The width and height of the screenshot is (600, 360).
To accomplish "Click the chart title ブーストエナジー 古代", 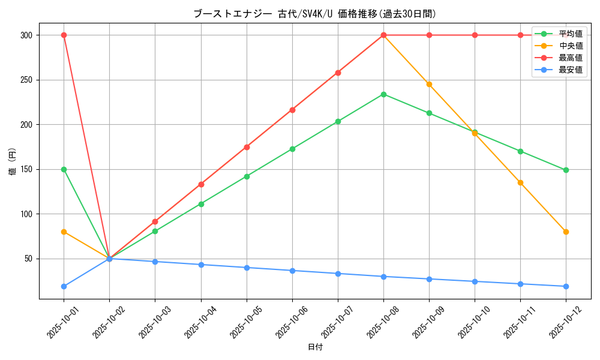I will (x=314, y=13).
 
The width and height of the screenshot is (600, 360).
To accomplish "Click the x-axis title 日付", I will (x=314, y=347).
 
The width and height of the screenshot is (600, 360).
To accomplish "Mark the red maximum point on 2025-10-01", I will (x=64, y=35).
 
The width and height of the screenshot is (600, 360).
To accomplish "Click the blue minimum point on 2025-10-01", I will (x=64, y=286).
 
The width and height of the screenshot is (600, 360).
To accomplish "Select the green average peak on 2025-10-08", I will (x=383, y=94).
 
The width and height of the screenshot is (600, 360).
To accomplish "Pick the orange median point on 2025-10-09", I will (x=429, y=84).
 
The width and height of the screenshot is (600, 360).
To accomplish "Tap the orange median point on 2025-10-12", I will (x=566, y=232).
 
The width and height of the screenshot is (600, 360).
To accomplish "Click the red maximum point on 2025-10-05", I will (x=247, y=147).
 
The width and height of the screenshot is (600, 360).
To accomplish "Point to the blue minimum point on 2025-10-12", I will (x=566, y=286).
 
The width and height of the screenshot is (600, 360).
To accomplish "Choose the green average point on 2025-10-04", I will (x=201, y=204).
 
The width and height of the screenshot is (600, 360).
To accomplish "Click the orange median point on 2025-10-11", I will (x=520, y=182).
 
